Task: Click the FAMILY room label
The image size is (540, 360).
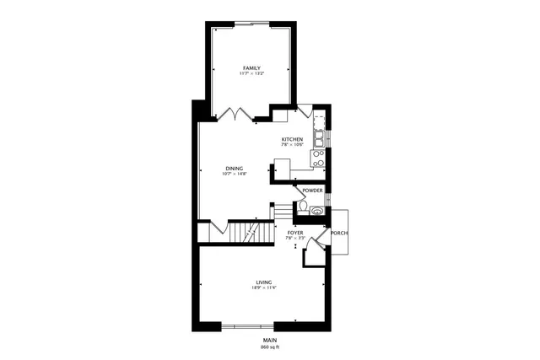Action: (251, 67)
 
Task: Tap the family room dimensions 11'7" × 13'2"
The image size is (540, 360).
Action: (251, 74)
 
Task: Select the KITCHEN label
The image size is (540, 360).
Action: (293, 139)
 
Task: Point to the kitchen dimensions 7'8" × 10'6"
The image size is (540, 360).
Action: (293, 145)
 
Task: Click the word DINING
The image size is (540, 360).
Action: (235, 168)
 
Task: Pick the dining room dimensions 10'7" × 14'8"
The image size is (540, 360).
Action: (235, 175)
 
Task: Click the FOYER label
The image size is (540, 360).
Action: (294, 232)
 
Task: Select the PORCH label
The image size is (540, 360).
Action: (339, 233)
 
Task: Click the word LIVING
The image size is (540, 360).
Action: (264, 282)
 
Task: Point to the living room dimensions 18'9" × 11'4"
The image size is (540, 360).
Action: (264, 288)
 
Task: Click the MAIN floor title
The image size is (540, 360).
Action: (270, 340)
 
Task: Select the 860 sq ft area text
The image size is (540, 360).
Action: (270, 347)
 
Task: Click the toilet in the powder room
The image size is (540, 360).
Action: (302, 208)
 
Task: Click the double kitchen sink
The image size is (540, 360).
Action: (321, 137)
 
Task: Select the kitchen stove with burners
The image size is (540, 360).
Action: (319, 158)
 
